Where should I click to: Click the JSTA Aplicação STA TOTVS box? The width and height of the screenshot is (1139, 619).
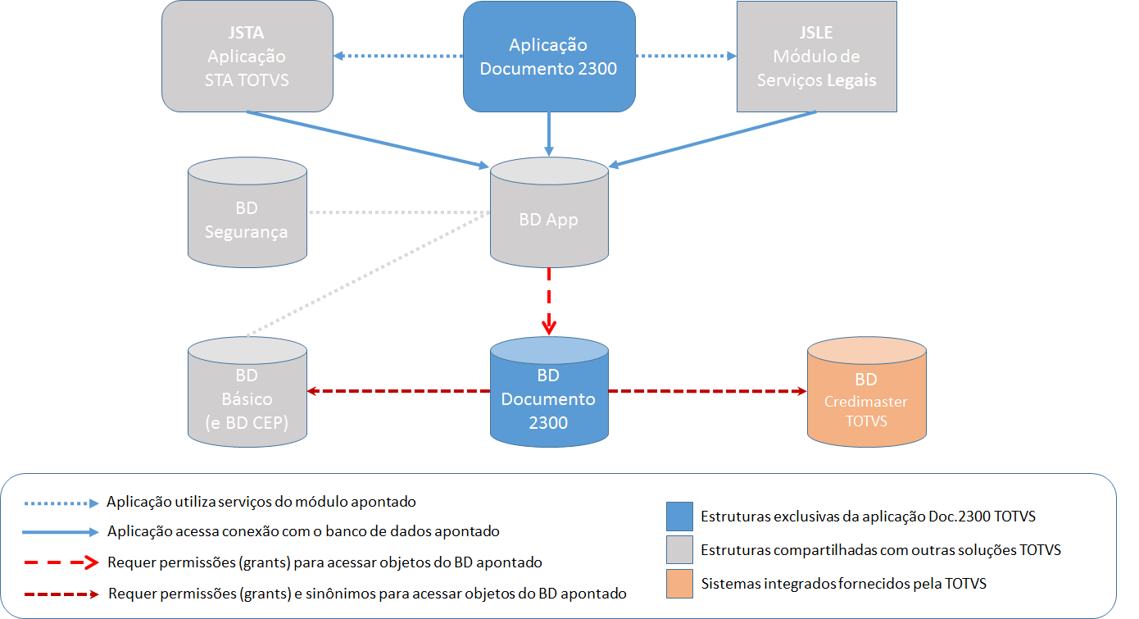click(247, 57)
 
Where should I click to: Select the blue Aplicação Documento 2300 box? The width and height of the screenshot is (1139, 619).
click(548, 57)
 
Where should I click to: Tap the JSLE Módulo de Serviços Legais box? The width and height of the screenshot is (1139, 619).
click(816, 57)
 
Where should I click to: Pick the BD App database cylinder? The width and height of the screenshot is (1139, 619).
click(548, 215)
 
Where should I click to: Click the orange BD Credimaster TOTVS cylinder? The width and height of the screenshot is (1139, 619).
click(866, 396)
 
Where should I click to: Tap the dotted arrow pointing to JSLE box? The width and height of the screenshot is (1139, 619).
click(687, 56)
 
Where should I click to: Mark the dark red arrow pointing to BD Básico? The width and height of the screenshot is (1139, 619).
click(398, 392)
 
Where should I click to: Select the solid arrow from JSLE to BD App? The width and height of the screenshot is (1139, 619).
click(713, 139)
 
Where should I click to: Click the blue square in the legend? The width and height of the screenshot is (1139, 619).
click(679, 517)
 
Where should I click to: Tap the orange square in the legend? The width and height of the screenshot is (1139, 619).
click(679, 583)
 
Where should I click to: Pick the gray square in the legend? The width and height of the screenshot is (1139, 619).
click(679, 549)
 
